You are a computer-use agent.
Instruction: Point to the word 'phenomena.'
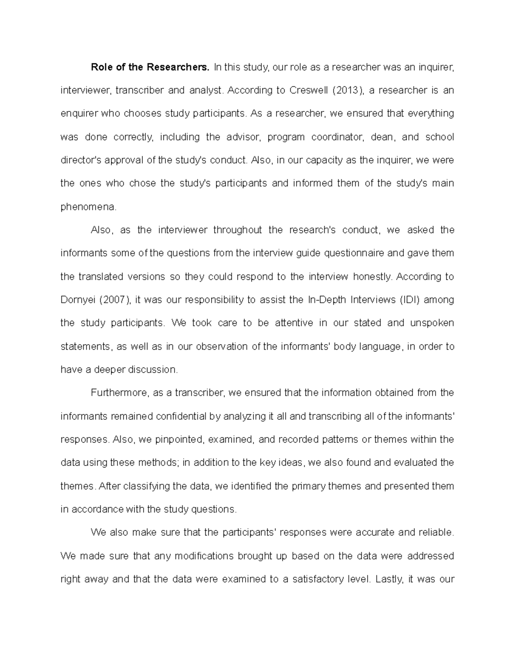click(88, 207)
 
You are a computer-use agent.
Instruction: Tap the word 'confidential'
click(181, 416)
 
